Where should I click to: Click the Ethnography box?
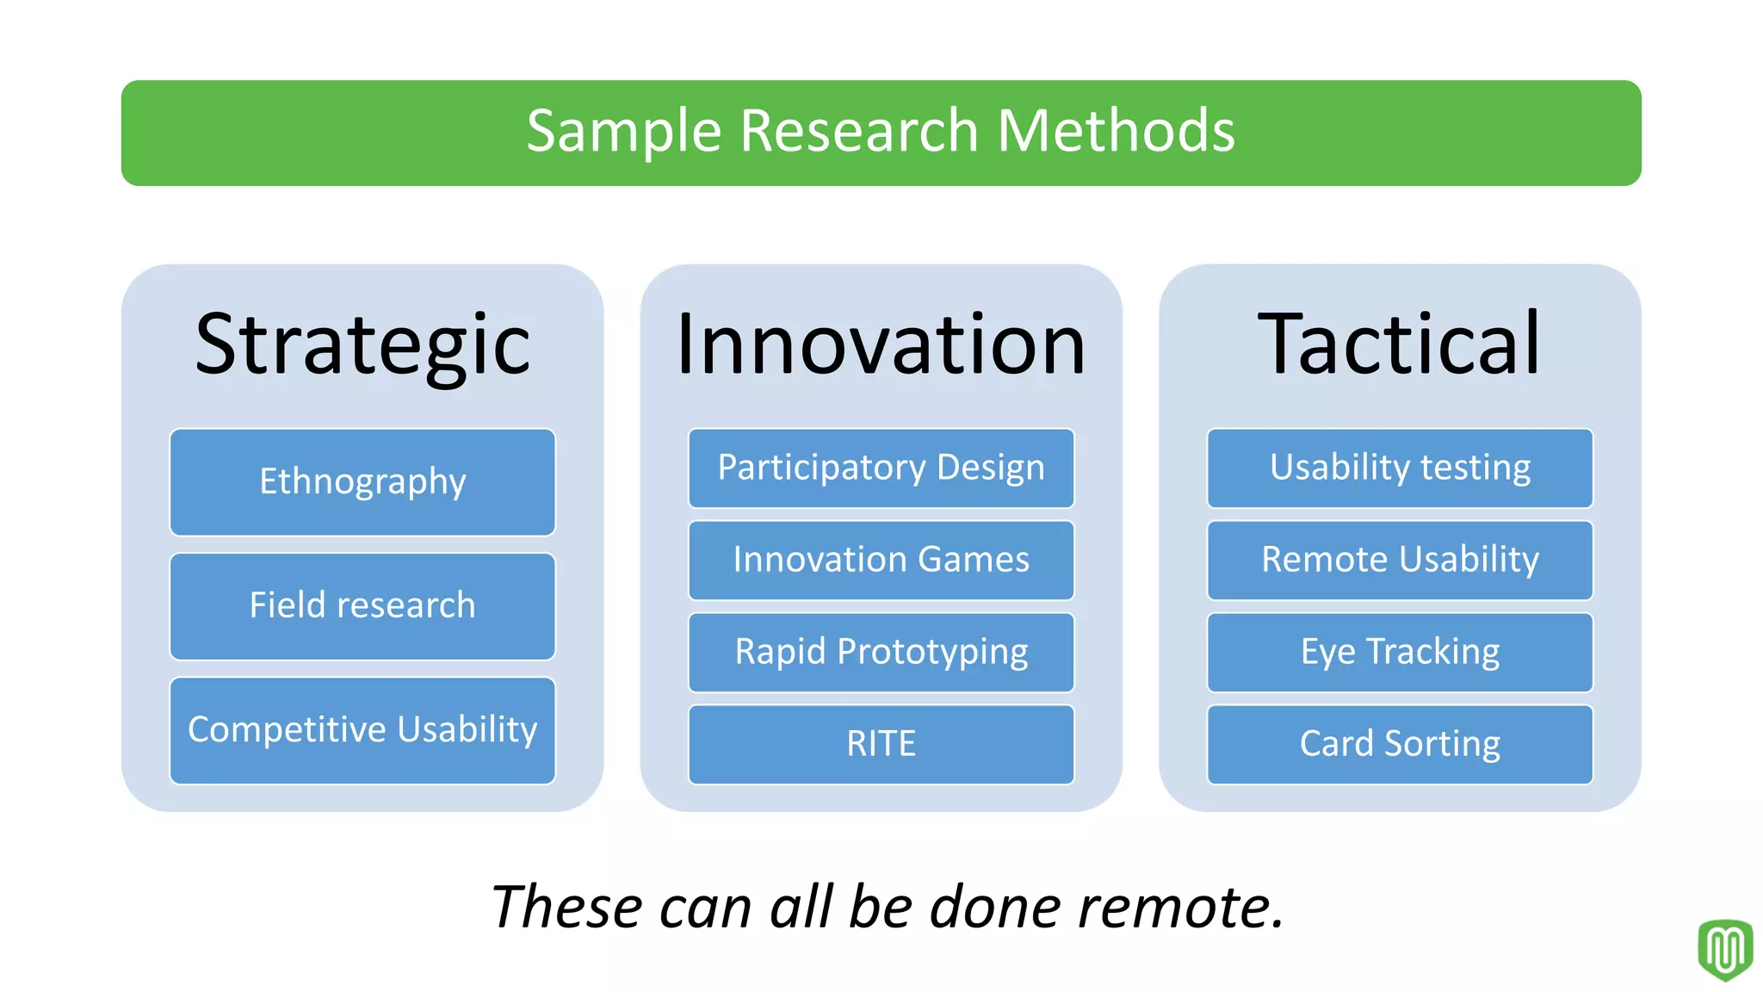tap(362, 482)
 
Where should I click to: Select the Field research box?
tap(362, 606)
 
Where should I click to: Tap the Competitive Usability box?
tap(362, 730)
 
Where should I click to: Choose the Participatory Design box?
tap(881, 468)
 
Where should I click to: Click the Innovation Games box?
tap(881, 561)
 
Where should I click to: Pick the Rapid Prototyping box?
tap(881, 653)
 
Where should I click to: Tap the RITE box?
tap(881, 744)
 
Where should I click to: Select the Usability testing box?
tap(1400, 468)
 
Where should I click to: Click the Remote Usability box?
tap(1400, 561)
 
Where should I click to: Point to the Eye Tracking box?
tap(1400, 653)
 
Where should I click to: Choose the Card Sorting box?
tap(1400, 744)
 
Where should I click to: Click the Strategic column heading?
tap(362, 344)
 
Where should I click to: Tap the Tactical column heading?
tap(1400, 344)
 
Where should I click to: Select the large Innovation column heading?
tap(881, 344)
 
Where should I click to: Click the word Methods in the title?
tap(1116, 132)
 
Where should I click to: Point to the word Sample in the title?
tap(623, 132)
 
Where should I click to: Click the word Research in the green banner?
tap(859, 132)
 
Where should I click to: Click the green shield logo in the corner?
tap(1724, 950)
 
